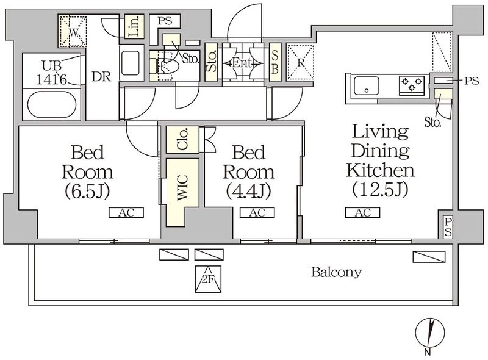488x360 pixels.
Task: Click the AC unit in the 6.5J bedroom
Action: click(126, 213)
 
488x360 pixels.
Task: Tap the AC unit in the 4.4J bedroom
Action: click(257, 213)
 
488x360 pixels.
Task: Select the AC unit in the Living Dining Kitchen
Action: click(362, 213)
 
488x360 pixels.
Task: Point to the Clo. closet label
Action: click(182, 139)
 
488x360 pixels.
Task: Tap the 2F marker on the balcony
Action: click(208, 279)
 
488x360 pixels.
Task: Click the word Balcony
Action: click(337, 273)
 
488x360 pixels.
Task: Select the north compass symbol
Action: click(430, 333)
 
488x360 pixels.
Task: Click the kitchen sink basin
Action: click(367, 85)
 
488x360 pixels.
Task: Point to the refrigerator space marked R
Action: click(300, 62)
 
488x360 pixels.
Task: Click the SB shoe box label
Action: click(275, 63)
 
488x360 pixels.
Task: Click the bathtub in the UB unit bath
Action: click(52, 104)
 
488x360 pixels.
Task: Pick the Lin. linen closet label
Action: click(134, 27)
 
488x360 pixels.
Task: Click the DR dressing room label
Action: click(101, 77)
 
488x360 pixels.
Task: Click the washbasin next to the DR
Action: click(131, 63)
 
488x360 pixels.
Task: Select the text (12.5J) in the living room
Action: click(379, 189)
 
